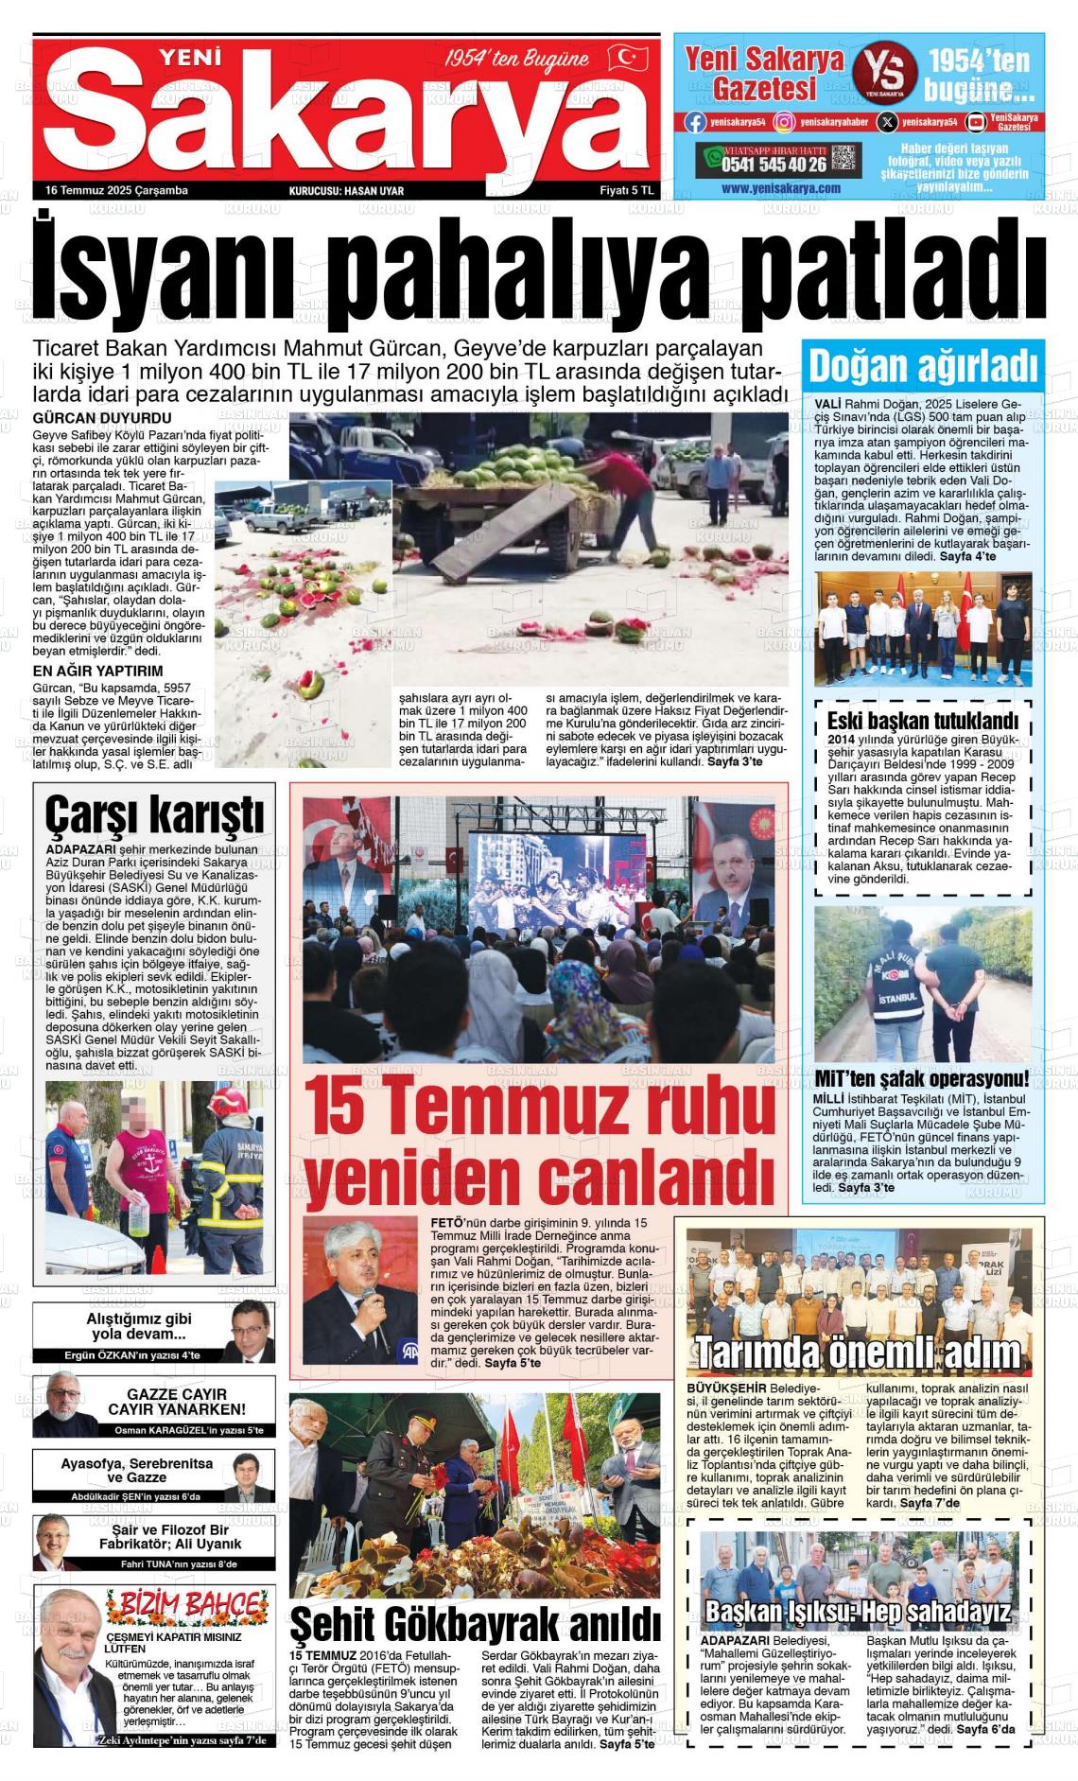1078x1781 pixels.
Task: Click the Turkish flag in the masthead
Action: (627, 58)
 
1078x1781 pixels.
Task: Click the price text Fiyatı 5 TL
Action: (628, 190)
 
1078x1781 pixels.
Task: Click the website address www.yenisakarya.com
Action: (780, 188)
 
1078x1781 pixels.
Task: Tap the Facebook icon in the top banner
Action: (695, 122)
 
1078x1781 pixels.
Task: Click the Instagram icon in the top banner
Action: (784, 122)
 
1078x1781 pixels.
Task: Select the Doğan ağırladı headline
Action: (923, 365)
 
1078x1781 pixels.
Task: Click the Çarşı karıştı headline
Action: (154, 812)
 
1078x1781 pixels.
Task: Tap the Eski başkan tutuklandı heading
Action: (922, 720)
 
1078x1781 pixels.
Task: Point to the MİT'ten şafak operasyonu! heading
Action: (921, 1079)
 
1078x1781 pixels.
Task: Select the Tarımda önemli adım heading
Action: (859, 1352)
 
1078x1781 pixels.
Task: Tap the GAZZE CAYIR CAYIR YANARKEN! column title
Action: (177, 1402)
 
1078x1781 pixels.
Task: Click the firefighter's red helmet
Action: (224, 1102)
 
